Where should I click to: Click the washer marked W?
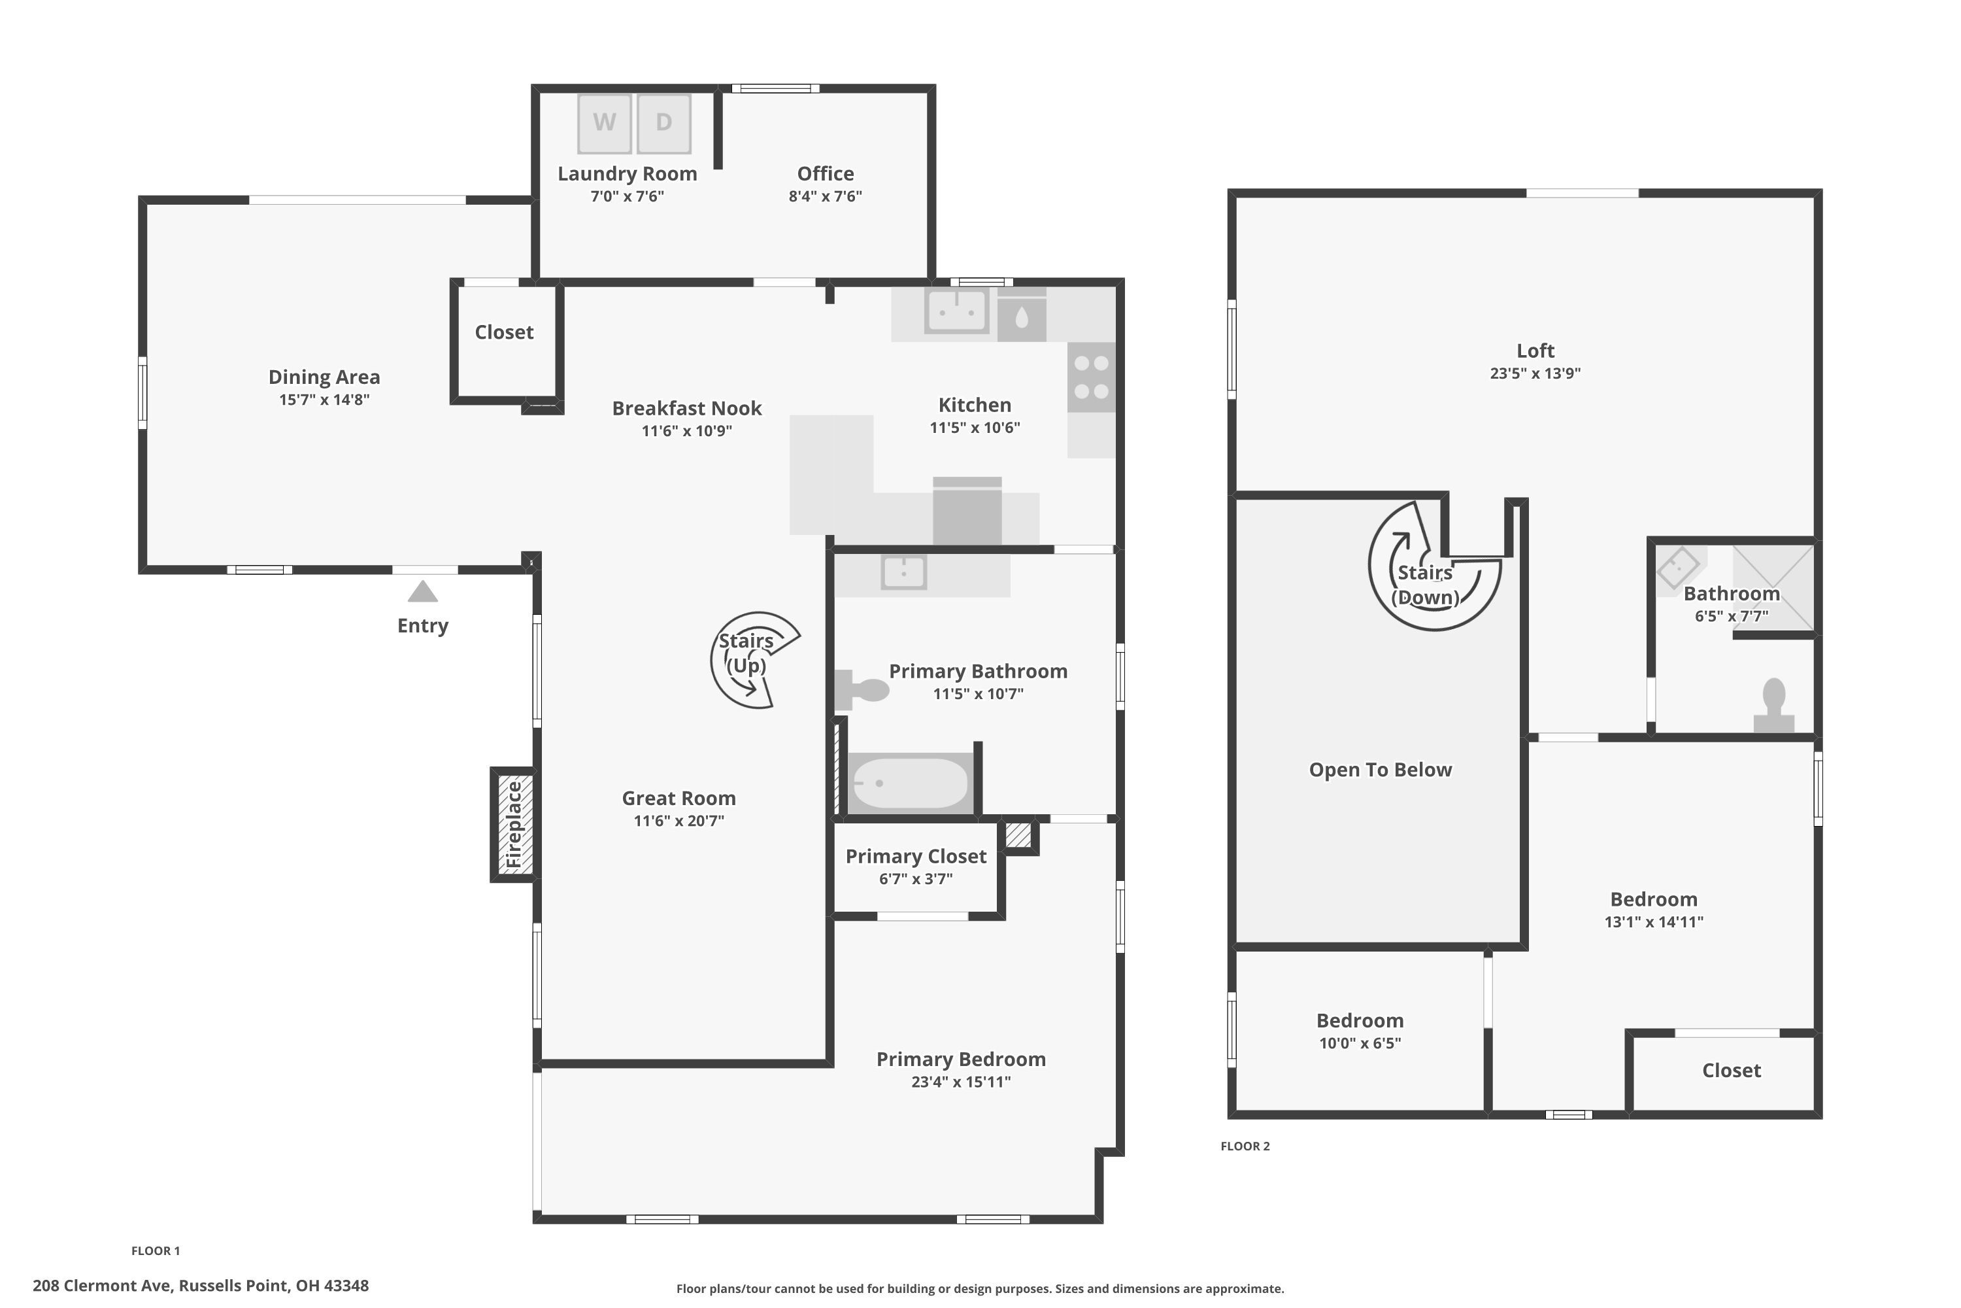[605, 123]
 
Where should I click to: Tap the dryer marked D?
[663, 123]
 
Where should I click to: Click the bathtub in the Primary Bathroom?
[911, 782]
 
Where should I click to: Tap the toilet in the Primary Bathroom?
[863, 689]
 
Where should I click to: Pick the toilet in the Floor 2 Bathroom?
[1773, 705]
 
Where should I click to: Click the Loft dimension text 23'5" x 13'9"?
[1535, 373]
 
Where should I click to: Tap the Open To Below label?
[1380, 769]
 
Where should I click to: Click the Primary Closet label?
[916, 856]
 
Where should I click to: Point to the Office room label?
[824, 173]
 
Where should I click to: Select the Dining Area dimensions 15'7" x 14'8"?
[324, 400]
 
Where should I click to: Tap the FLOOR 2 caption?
[1245, 1146]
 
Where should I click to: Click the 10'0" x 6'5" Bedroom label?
[1359, 1032]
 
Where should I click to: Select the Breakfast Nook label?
[686, 408]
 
